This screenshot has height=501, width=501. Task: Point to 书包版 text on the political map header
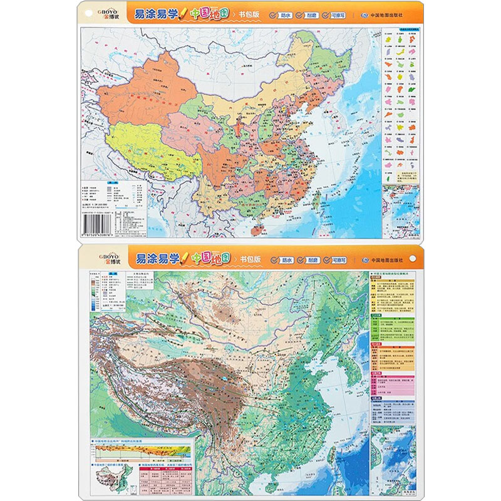249,14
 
